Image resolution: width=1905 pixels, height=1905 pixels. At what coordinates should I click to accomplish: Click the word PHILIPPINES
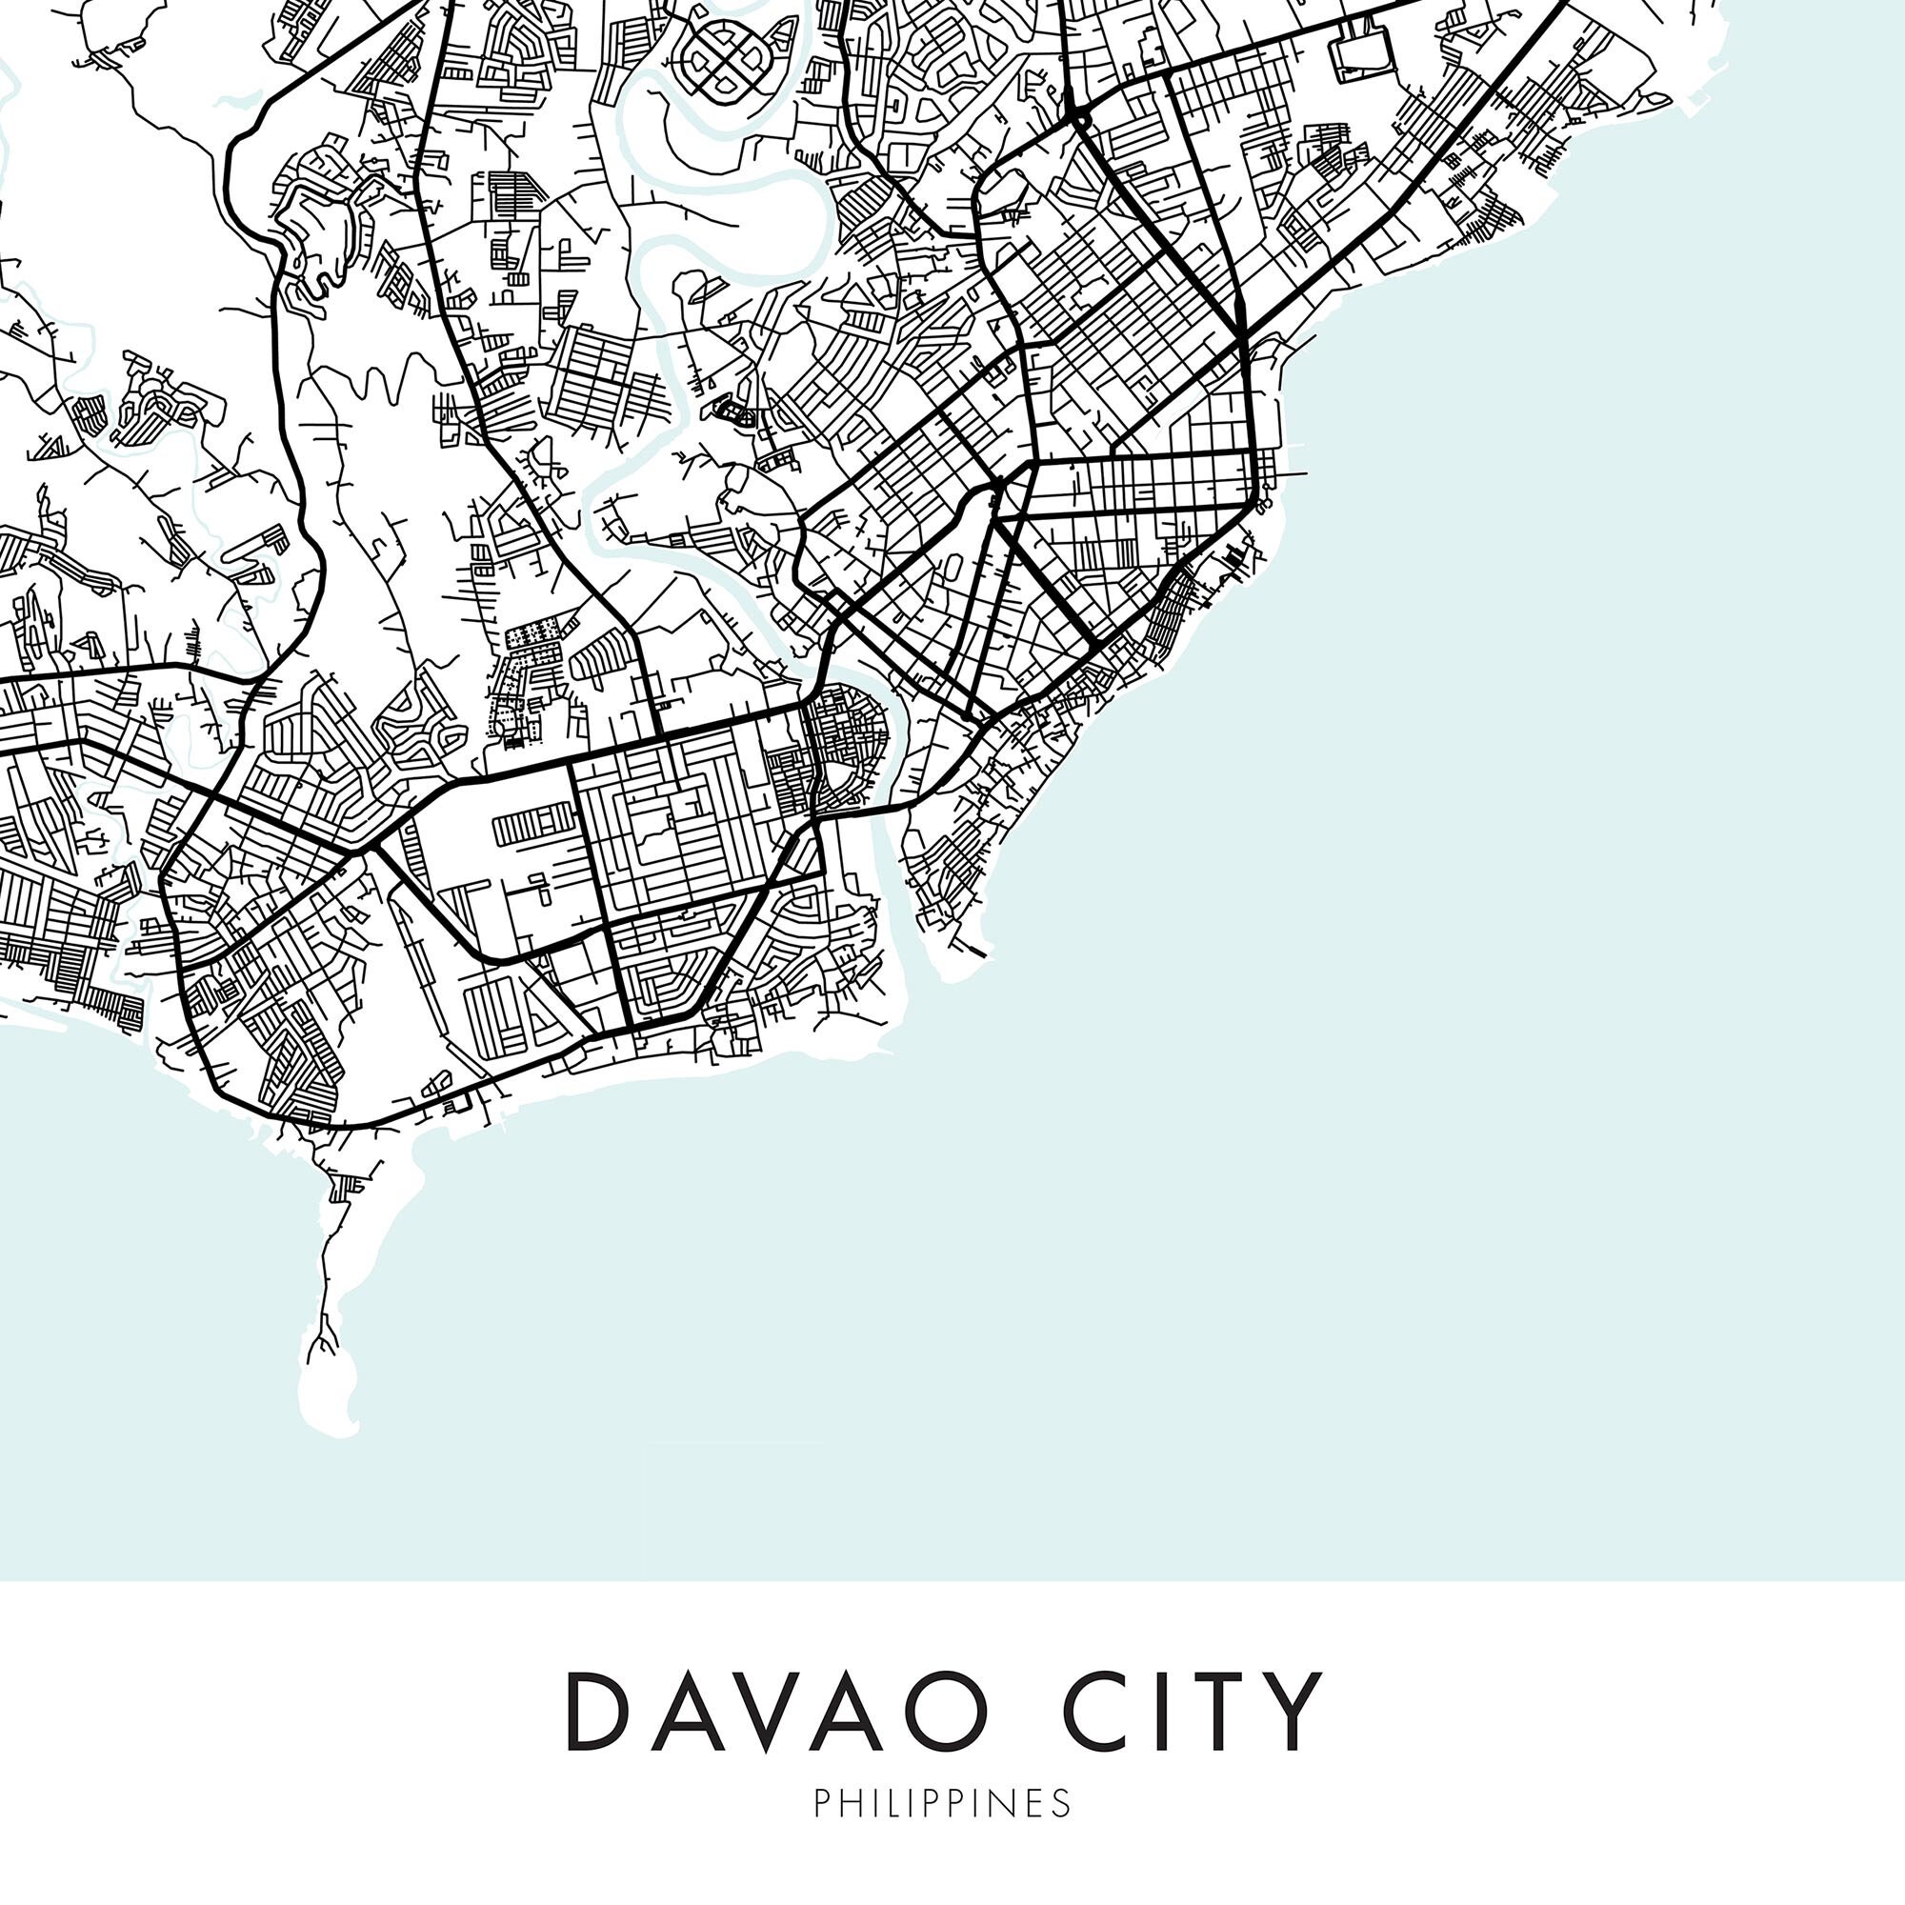(942, 1803)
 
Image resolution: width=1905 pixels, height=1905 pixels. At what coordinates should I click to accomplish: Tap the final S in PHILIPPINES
(1062, 1803)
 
